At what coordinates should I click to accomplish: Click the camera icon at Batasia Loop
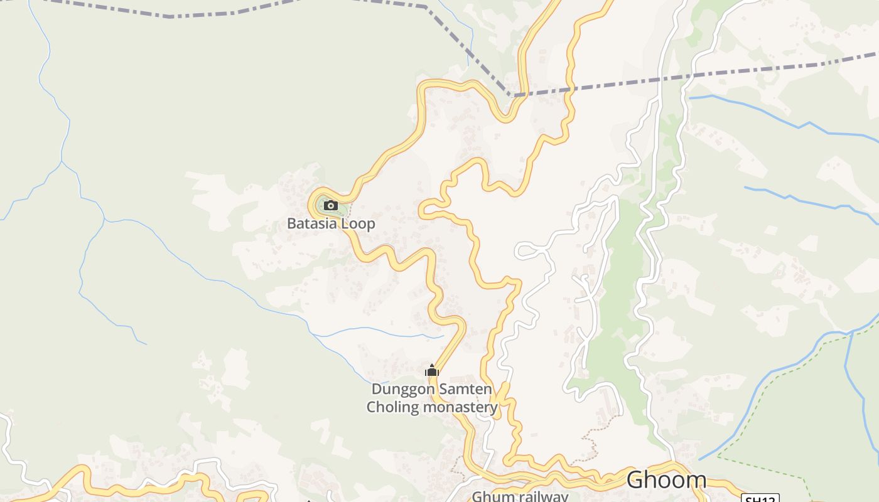point(331,205)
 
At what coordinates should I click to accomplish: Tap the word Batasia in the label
point(312,223)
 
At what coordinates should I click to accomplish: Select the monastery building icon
point(431,370)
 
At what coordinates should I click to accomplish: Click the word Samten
point(465,389)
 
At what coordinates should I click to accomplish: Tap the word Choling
point(392,407)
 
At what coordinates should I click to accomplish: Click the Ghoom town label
point(666,480)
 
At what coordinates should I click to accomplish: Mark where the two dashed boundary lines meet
point(510,95)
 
